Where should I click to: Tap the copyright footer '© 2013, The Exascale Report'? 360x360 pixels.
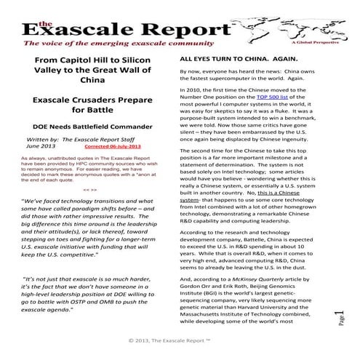click(x=180, y=340)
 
